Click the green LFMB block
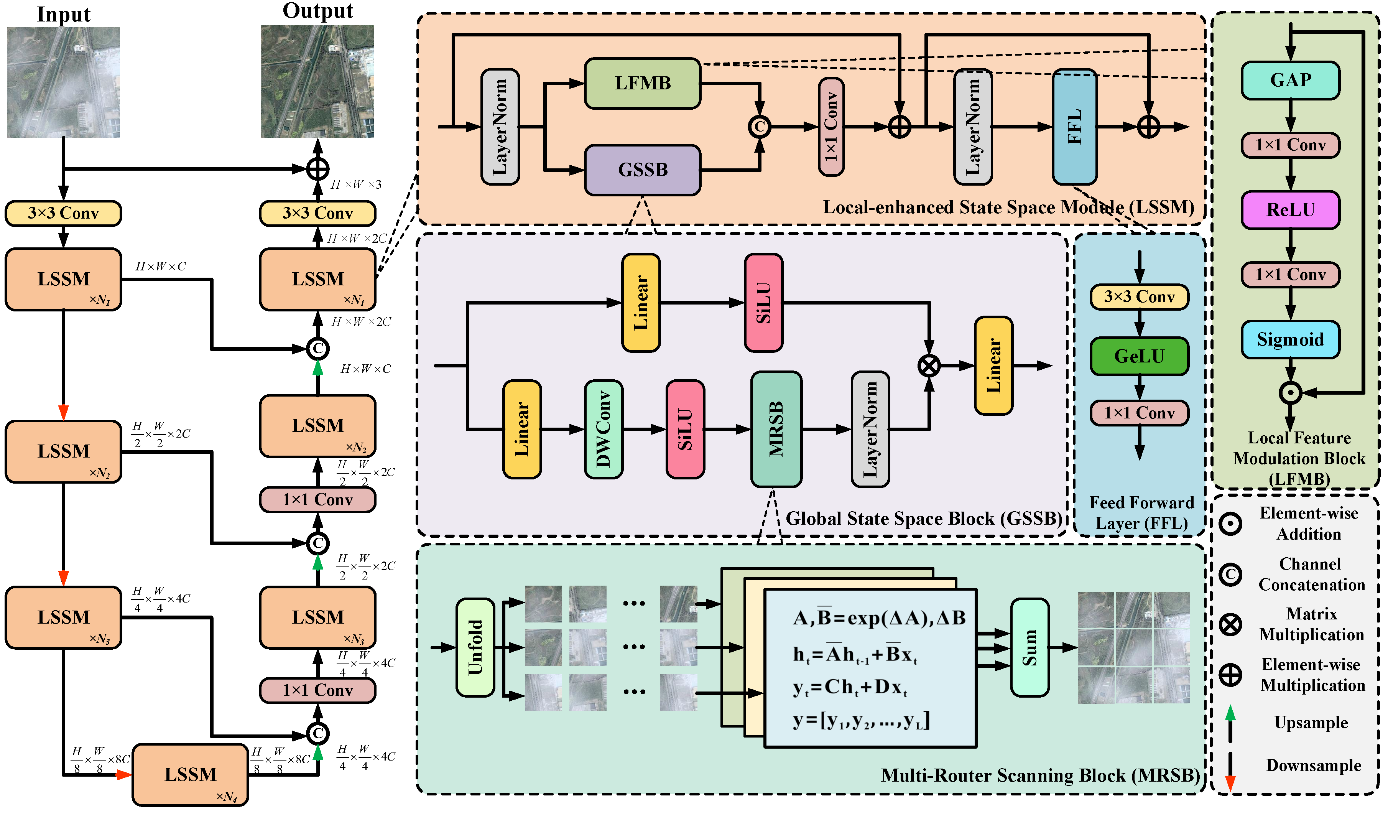click(x=642, y=83)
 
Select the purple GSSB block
click(x=642, y=170)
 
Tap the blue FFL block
click(x=1074, y=127)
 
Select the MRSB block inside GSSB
click(x=776, y=429)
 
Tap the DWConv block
click(x=603, y=429)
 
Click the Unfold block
click(x=475, y=647)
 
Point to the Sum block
click(x=1029, y=647)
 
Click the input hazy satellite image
click(x=63, y=83)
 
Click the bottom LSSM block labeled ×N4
click(x=190, y=775)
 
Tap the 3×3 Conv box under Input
click(x=63, y=213)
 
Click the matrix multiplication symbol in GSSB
click(x=929, y=366)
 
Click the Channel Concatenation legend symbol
click(x=1230, y=574)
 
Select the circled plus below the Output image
click(x=318, y=169)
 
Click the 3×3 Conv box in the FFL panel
click(x=1139, y=297)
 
